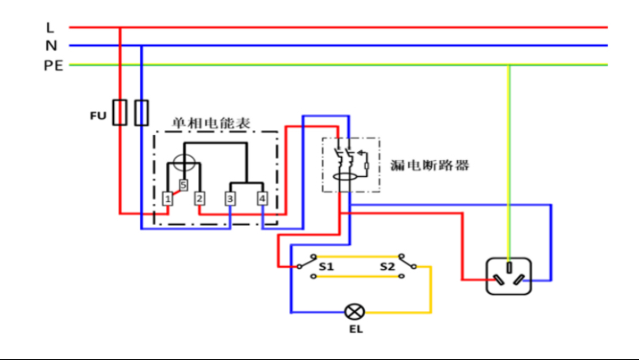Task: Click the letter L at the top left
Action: [50, 27]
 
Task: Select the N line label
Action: [51, 45]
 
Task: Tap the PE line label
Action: [54, 65]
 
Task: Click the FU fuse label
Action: [97, 114]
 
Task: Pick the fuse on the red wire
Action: [120, 112]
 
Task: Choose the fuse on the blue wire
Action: [142, 112]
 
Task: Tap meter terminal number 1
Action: [169, 199]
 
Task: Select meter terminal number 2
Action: [199, 199]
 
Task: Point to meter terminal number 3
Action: [231, 199]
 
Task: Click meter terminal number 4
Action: [262, 199]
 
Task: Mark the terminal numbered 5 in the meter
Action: [182, 185]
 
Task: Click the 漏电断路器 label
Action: [429, 165]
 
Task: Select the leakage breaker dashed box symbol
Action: [351, 165]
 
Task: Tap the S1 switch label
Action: [326, 267]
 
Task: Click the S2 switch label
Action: [387, 267]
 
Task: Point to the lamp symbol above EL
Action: [353, 312]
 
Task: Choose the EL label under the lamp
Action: [355, 330]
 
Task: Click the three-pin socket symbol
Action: [509, 274]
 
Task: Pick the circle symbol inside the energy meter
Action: [184, 161]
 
